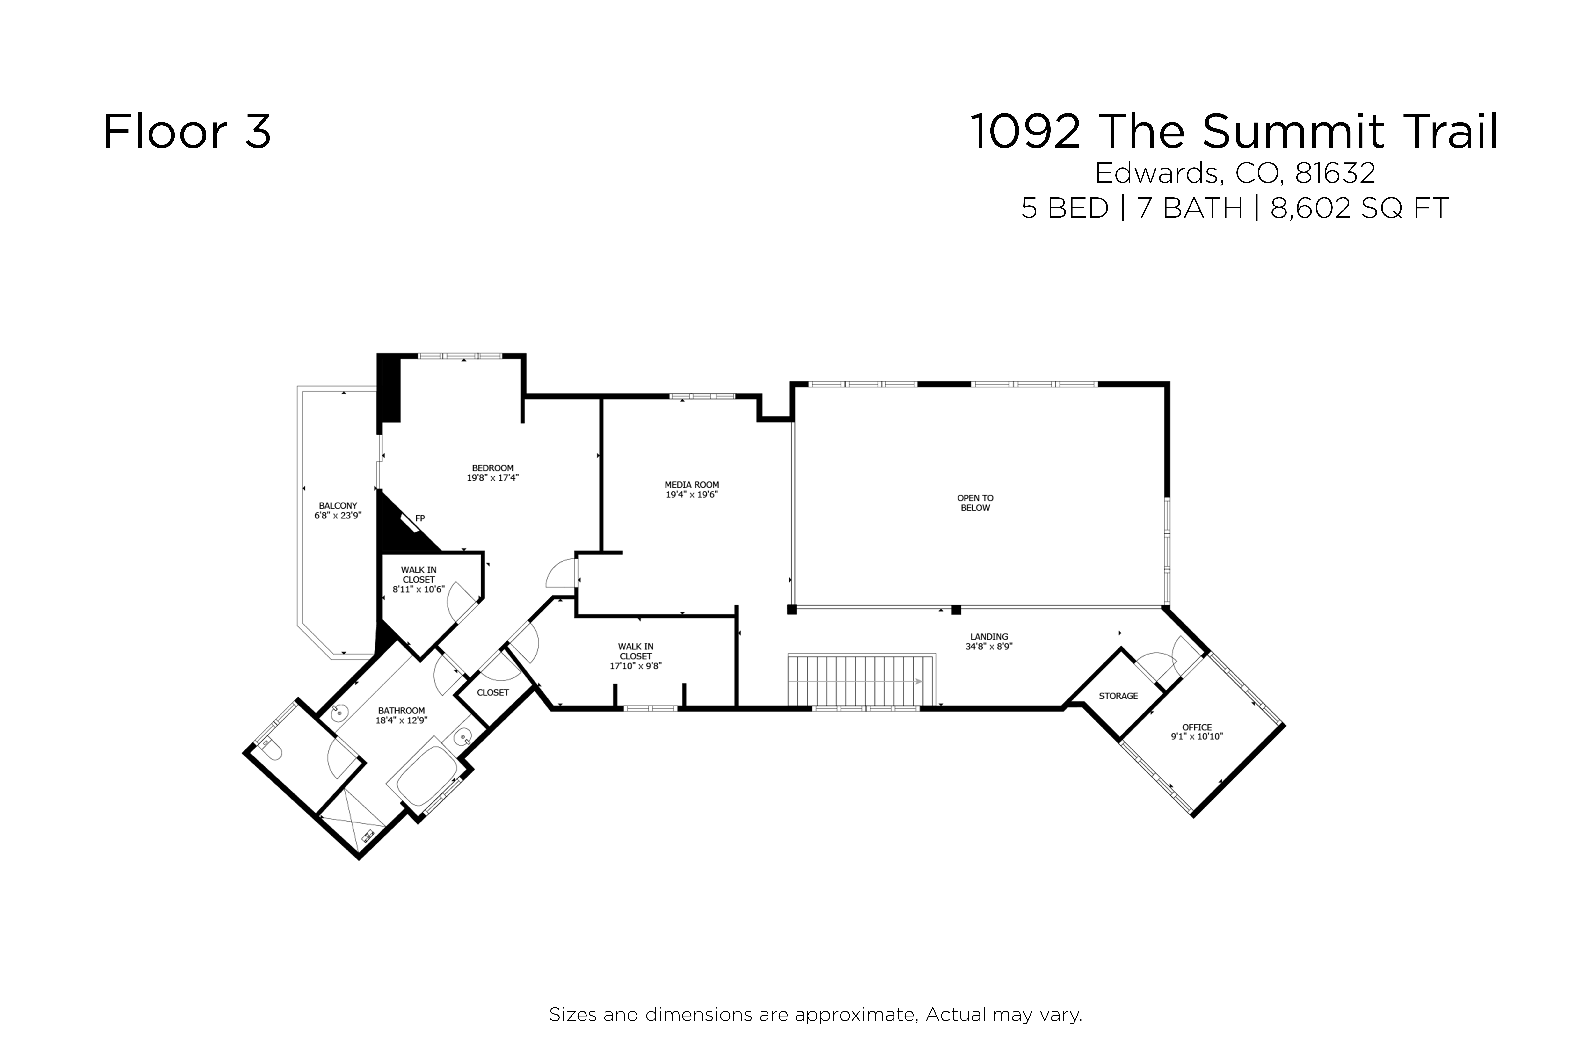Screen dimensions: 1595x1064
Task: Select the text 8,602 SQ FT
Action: click(x=1359, y=208)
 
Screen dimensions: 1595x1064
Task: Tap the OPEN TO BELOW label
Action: click(x=975, y=503)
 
